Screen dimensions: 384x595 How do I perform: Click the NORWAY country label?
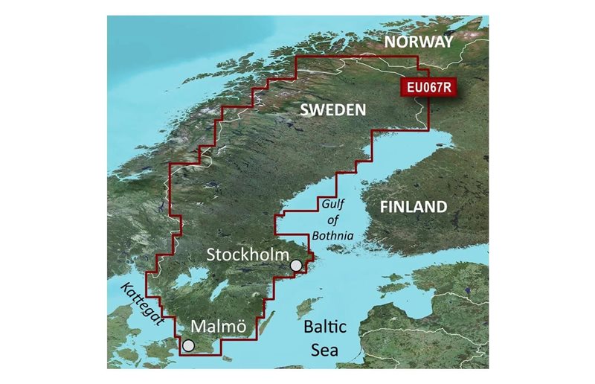(418, 42)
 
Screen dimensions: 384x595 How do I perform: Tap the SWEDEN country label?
(332, 110)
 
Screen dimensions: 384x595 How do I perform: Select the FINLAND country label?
(414, 207)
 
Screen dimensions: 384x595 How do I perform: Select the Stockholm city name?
(247, 255)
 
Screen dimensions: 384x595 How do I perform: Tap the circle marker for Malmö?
(188, 345)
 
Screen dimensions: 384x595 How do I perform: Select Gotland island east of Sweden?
(303, 307)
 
